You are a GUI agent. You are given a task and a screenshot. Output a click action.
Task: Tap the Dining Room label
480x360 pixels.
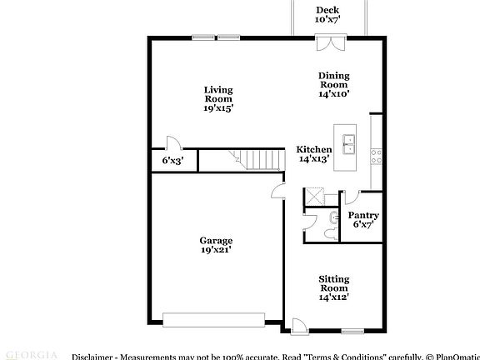[x=333, y=85]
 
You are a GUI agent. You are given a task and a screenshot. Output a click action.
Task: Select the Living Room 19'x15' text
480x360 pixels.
[x=218, y=98]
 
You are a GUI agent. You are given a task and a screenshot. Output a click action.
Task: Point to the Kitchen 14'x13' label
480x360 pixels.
[x=314, y=154]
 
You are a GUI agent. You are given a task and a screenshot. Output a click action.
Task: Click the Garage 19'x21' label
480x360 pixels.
[x=215, y=245]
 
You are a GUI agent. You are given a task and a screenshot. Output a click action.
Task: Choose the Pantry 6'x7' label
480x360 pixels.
[x=363, y=220]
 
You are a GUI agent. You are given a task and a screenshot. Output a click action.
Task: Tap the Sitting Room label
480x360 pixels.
[x=333, y=287]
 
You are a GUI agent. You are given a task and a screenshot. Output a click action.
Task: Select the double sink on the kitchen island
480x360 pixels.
[x=349, y=144]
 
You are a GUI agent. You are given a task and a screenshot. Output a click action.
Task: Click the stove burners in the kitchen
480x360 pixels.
[x=376, y=153]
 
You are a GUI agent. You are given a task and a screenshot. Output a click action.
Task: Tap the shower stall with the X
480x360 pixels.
[x=315, y=197]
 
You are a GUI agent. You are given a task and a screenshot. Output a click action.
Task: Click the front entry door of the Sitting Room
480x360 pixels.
[x=298, y=325]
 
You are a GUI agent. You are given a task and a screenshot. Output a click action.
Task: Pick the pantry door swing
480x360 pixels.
[x=350, y=197]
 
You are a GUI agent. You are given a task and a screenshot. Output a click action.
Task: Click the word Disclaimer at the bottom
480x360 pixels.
[x=91, y=356]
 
